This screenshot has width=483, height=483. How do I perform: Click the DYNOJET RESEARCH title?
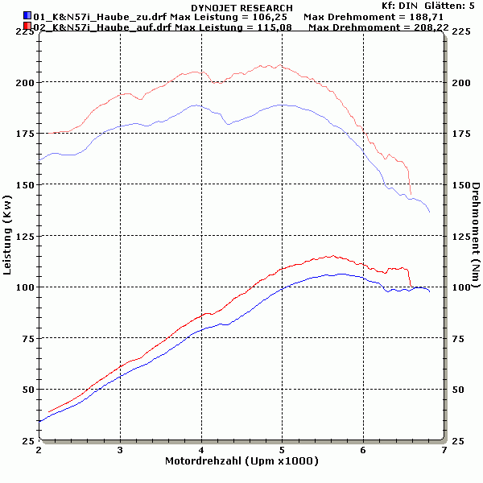tap(242, 7)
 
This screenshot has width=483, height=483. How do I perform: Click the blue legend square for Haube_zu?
tap(27, 15)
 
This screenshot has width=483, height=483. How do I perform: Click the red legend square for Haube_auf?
tap(27, 27)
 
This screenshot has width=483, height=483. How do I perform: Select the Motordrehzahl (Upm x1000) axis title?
tap(242, 462)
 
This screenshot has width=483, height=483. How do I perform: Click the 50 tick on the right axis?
tap(456, 390)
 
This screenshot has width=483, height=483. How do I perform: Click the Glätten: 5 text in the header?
tap(456, 6)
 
